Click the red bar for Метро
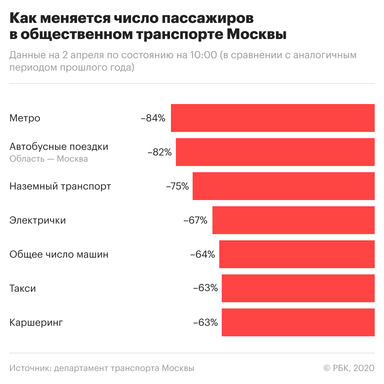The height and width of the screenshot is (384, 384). click(x=273, y=118)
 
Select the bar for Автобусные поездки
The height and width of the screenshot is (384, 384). click(x=275, y=152)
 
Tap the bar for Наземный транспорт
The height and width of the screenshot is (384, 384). click(x=283, y=186)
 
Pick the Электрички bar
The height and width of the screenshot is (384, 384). click(x=293, y=220)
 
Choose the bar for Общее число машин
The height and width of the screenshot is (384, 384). click(x=297, y=254)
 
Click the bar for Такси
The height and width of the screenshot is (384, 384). click(x=298, y=288)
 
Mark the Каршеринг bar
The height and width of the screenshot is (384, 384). click(x=298, y=322)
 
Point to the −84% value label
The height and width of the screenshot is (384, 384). click(x=153, y=118)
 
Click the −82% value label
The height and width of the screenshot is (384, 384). click(x=159, y=152)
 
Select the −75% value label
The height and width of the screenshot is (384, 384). click(x=177, y=186)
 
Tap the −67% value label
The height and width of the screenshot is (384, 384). click(x=195, y=220)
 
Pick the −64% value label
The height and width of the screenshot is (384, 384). click(x=203, y=255)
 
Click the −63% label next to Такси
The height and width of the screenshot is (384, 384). click(x=206, y=288)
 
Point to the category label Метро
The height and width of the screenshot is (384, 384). click(x=25, y=118)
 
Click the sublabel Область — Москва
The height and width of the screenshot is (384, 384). click(x=49, y=159)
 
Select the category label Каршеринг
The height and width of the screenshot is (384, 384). click(x=36, y=323)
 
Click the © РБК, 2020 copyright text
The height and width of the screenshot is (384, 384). click(x=349, y=368)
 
